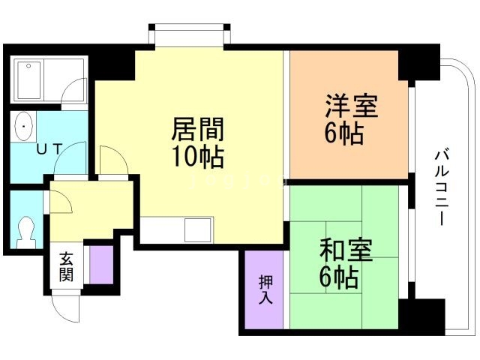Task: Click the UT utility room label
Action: pyautogui.click(x=49, y=149)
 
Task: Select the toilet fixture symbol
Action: pyautogui.click(x=26, y=232)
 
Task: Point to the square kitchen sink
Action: pyautogui.click(x=199, y=229)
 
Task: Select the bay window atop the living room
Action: pyautogui.click(x=187, y=35)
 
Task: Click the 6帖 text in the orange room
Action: pyautogui.click(x=344, y=134)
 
